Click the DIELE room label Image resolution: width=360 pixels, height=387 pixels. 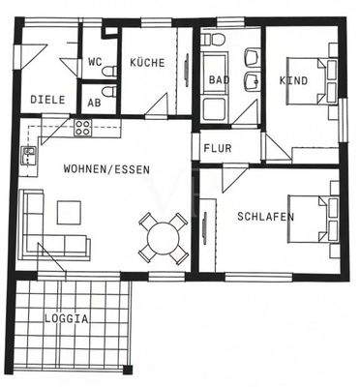(x=46, y=99)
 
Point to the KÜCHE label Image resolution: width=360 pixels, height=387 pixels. (x=148, y=63)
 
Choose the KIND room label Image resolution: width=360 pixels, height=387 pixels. (x=293, y=80)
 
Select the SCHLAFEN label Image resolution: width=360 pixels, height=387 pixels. (x=265, y=217)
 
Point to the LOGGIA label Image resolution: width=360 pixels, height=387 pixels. (x=66, y=317)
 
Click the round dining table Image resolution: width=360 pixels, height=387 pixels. (x=161, y=236)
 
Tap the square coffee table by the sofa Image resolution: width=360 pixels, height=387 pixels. (x=70, y=212)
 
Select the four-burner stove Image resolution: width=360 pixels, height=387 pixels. (x=81, y=127)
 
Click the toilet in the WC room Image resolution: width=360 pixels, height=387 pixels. (x=109, y=70)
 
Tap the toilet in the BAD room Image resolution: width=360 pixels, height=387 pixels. (x=214, y=40)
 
